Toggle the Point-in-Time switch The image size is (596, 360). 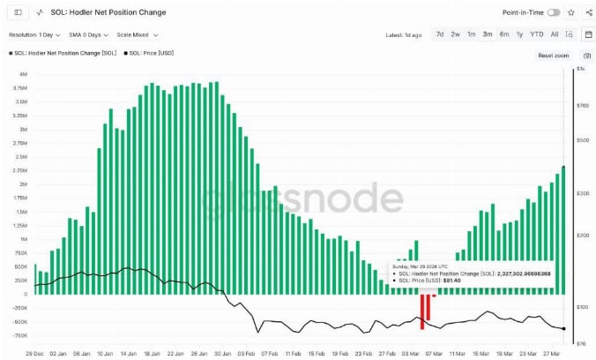click(554, 12)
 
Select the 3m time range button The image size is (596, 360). click(487, 34)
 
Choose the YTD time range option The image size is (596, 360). click(536, 34)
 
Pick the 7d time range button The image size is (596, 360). click(440, 34)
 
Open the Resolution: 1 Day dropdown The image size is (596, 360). click(34, 34)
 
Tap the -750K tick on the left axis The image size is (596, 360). click(20, 336)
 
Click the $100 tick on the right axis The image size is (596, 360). click(583, 307)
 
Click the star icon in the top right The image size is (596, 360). click(571, 12)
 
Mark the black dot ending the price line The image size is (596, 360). click(563, 328)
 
